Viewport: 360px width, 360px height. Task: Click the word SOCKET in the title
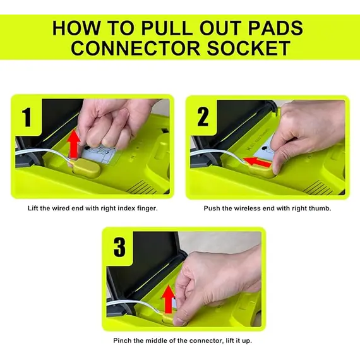pos(249,48)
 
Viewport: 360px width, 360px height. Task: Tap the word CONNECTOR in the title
pos(135,48)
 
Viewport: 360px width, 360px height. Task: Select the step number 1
pos(27,117)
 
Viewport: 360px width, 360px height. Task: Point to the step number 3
pos(119,248)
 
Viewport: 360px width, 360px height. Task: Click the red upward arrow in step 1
pos(74,144)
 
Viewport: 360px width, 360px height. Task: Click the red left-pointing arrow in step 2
pos(257,162)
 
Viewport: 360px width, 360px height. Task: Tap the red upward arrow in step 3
pos(168,299)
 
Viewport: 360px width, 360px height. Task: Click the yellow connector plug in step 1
pos(87,168)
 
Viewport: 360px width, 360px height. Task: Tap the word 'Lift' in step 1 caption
pos(33,208)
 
